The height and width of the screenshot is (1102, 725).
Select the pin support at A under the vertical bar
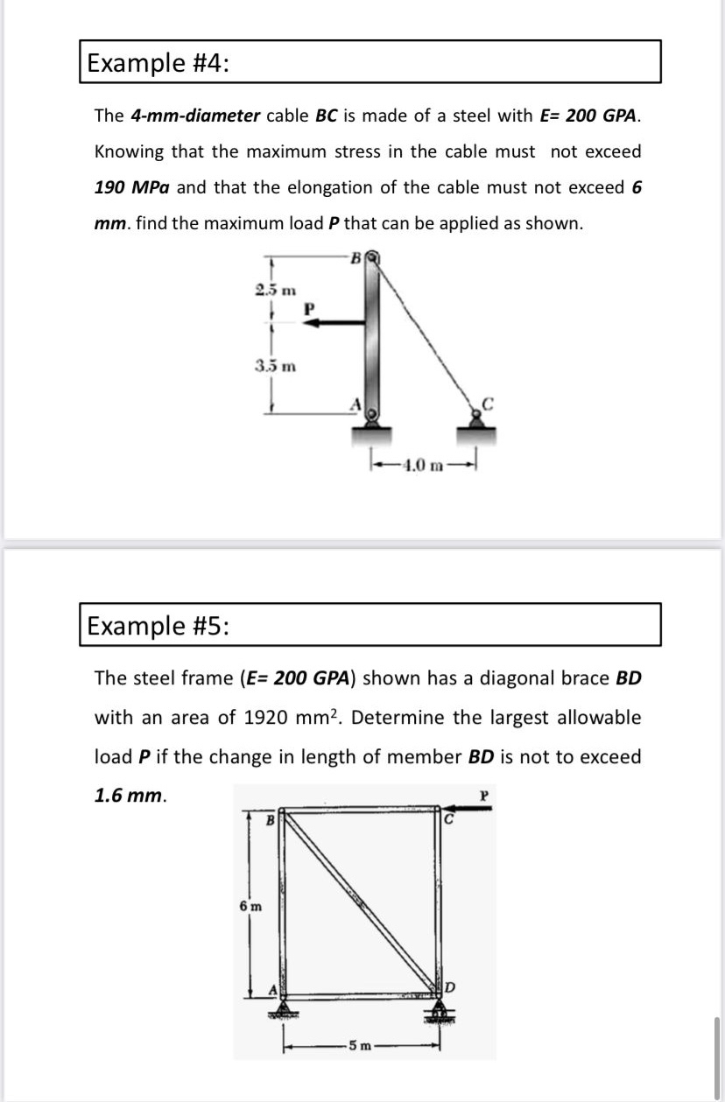coord(374,422)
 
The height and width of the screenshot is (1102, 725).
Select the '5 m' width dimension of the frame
coord(360,1045)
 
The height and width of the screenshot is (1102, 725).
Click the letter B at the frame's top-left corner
coord(271,820)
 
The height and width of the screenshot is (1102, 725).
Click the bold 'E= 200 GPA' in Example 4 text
coord(593,116)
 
